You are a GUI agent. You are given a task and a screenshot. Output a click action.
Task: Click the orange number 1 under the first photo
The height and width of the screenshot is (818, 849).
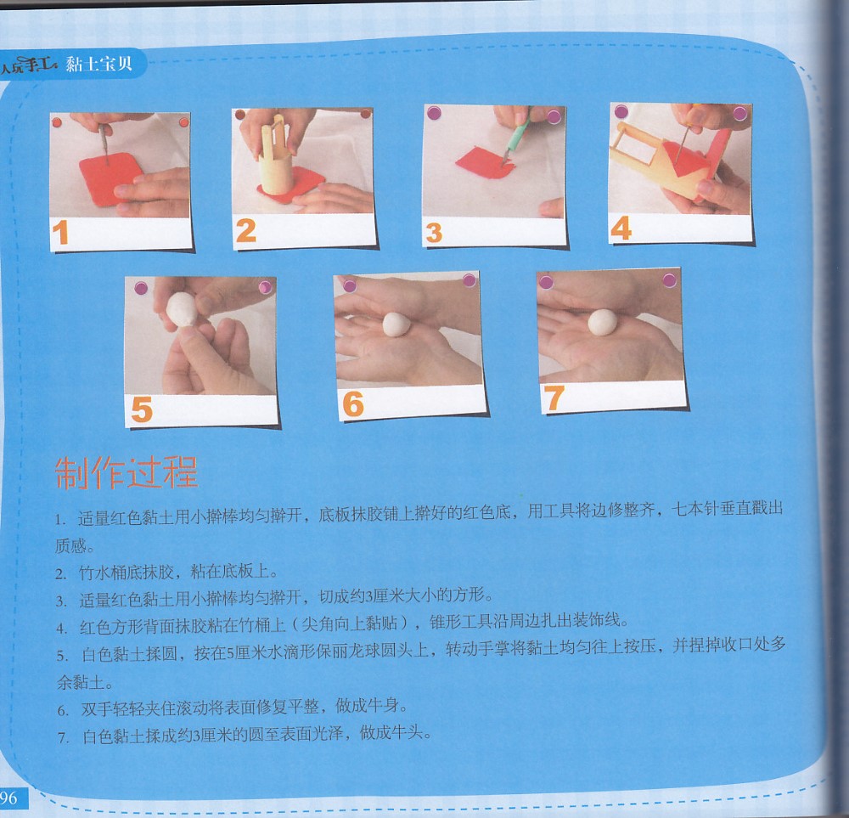click(60, 233)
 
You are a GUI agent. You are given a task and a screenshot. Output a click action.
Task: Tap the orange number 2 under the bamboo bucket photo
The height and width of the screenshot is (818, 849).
click(246, 231)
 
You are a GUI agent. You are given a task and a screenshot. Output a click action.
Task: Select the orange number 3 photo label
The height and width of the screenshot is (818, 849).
click(434, 234)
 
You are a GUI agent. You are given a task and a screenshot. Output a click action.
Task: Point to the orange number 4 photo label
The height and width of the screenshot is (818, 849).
click(621, 228)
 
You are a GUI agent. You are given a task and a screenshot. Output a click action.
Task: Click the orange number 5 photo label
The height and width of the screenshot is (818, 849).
click(141, 409)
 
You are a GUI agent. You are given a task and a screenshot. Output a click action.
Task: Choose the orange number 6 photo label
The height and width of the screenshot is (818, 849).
click(353, 403)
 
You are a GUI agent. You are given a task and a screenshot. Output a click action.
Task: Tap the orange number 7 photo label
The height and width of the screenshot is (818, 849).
click(554, 398)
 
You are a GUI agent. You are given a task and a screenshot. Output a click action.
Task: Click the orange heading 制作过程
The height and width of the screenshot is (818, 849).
click(127, 473)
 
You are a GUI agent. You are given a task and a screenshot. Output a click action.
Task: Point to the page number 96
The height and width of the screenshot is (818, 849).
click(8, 798)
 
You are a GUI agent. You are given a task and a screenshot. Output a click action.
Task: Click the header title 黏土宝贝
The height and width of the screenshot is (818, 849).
click(99, 64)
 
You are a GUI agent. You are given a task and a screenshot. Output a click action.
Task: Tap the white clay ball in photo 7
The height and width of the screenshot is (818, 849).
click(602, 322)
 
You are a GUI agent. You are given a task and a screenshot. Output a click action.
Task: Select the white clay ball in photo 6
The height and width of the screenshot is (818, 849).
click(396, 324)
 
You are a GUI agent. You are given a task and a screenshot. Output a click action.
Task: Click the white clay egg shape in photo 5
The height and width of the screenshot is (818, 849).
click(181, 309)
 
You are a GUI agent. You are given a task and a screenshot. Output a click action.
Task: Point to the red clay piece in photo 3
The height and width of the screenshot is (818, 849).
click(485, 162)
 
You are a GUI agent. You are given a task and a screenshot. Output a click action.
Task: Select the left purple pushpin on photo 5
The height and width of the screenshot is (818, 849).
click(141, 288)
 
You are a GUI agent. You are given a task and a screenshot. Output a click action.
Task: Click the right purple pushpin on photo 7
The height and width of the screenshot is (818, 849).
click(669, 279)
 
